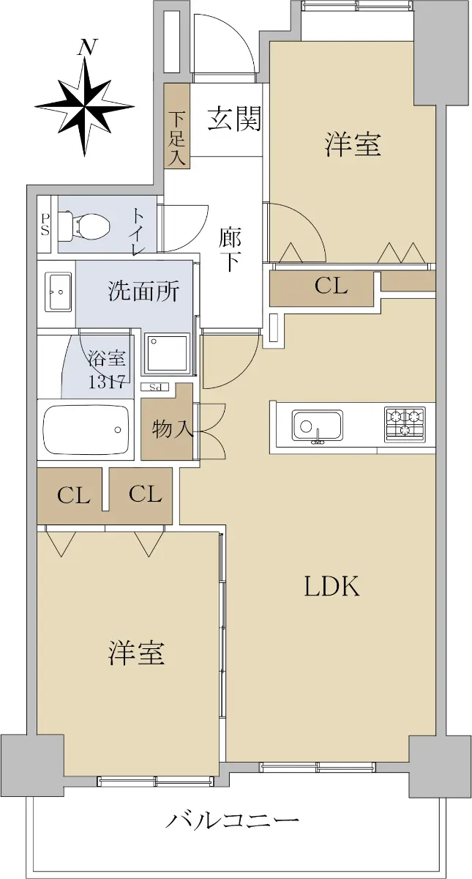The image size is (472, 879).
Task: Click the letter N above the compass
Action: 88,48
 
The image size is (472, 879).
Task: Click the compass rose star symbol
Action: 85,106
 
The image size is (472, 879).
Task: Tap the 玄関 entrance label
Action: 234,119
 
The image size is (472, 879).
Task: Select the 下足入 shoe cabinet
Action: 177,126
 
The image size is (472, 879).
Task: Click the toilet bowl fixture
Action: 83,226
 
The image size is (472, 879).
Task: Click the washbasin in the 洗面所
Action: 59,292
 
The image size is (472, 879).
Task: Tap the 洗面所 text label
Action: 144,292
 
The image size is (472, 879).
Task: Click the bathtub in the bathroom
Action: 86,430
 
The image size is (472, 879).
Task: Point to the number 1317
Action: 106,381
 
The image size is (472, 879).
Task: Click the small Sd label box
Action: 155,387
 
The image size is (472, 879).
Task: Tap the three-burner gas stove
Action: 405,423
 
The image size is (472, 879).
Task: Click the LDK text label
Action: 332,586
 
